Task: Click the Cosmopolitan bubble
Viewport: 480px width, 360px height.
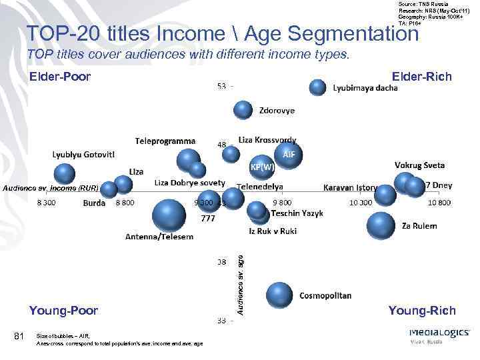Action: pos(279,295)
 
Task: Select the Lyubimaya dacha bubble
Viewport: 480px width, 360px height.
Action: pos(318,87)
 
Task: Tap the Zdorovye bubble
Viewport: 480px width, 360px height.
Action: pos(243,110)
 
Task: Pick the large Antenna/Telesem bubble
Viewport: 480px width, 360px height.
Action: pos(169,215)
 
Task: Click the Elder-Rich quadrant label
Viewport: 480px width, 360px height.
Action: pos(422,77)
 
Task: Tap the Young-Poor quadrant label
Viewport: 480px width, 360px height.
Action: pos(63,310)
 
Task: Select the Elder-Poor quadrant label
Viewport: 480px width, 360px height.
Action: pos(60,77)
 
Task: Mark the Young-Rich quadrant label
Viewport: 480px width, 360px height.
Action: pos(422,310)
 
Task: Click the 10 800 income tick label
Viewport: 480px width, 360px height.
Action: pos(439,202)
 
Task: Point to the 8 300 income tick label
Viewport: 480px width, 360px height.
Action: pos(46,202)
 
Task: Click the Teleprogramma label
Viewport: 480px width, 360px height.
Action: pos(165,141)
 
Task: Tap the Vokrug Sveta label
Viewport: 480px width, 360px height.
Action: pos(419,165)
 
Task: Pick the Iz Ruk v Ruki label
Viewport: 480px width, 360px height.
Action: pos(273,231)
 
